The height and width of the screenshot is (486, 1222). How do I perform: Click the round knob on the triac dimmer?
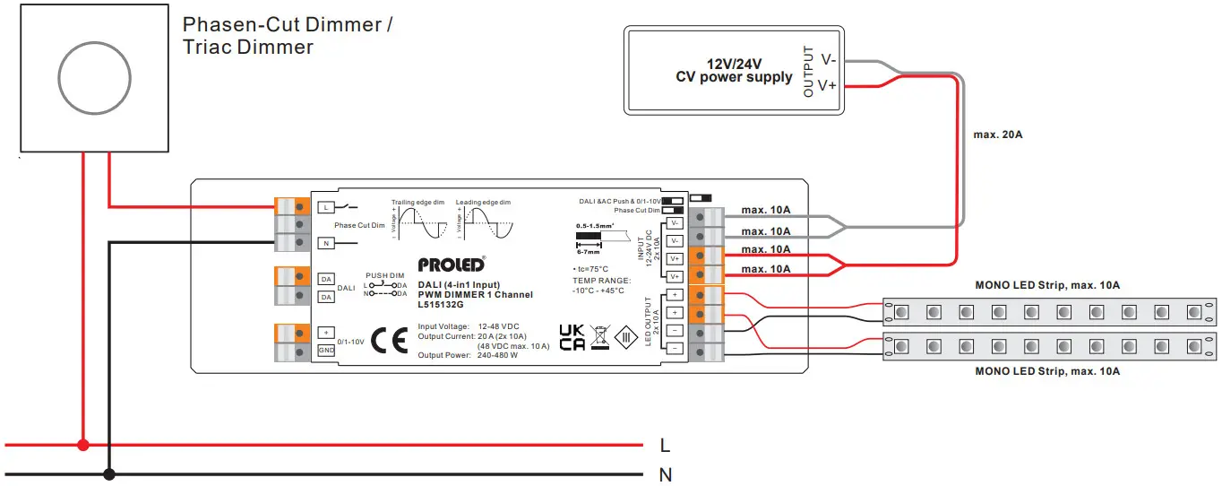[94, 78]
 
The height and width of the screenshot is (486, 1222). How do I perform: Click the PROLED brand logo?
[451, 265]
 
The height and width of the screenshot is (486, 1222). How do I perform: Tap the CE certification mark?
[389, 341]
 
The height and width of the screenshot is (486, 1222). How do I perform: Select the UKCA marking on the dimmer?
[572, 337]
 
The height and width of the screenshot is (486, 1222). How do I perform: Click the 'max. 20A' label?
[997, 135]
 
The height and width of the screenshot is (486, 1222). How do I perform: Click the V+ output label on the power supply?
[827, 85]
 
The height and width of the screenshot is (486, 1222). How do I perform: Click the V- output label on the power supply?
[827, 59]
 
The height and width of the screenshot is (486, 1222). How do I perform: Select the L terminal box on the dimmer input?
[325, 207]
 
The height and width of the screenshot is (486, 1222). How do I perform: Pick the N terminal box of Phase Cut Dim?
[325, 242]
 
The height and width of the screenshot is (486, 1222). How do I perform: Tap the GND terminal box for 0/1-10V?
[326, 350]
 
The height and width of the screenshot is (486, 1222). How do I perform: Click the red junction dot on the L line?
[83, 445]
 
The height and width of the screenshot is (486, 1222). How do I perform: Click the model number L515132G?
[441, 305]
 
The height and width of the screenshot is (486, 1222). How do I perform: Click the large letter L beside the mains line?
[664, 446]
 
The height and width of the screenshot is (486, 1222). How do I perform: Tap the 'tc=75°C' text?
[590, 269]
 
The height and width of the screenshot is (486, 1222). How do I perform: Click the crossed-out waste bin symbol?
[598, 338]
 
